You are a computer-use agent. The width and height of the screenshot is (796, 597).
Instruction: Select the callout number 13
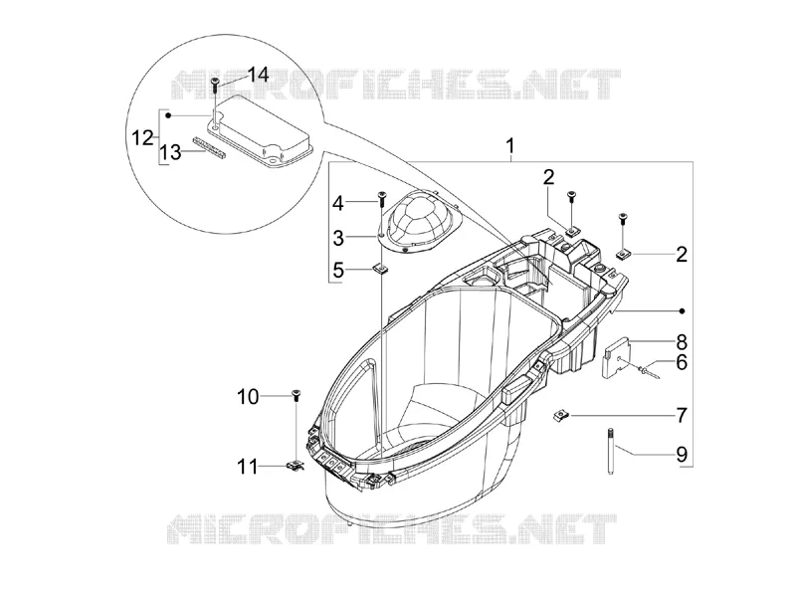click(171, 152)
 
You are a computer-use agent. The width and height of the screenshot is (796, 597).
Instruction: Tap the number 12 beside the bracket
click(142, 137)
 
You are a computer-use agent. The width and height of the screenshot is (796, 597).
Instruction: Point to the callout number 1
click(510, 146)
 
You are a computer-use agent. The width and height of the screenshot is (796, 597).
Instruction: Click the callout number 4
click(338, 204)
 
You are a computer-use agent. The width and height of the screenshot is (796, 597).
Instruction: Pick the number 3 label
click(338, 238)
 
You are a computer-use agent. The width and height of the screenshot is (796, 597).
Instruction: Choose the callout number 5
click(338, 271)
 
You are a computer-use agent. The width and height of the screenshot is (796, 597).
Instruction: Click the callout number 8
click(682, 341)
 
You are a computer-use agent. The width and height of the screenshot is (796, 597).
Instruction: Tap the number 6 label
click(682, 362)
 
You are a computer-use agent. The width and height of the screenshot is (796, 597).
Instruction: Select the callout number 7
click(682, 416)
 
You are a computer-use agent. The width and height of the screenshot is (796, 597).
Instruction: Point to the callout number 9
click(682, 454)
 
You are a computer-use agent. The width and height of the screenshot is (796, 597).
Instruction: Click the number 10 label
click(248, 397)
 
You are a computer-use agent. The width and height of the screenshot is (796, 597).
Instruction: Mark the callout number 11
click(248, 467)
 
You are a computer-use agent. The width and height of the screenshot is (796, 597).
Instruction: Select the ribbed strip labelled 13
click(210, 147)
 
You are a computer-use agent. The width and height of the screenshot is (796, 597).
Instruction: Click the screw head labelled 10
click(296, 392)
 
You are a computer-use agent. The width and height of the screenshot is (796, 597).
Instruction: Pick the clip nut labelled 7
click(559, 416)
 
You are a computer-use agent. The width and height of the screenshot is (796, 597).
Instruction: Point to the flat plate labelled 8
click(616, 358)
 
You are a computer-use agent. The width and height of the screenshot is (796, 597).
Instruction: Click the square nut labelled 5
click(378, 268)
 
